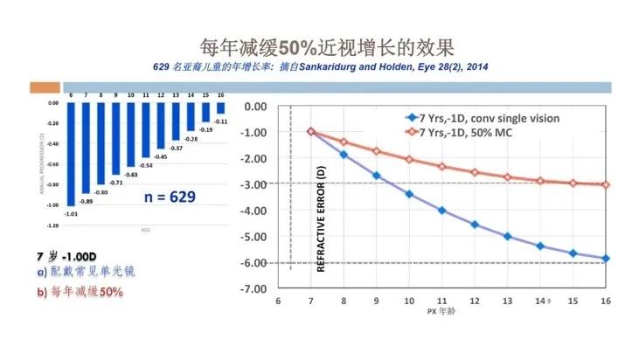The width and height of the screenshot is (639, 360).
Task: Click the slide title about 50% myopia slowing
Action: (319, 46)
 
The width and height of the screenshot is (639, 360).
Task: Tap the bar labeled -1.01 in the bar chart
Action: (71, 152)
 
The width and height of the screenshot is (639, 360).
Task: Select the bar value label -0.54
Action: (147, 165)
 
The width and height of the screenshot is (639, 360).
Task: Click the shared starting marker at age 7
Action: (310, 132)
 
